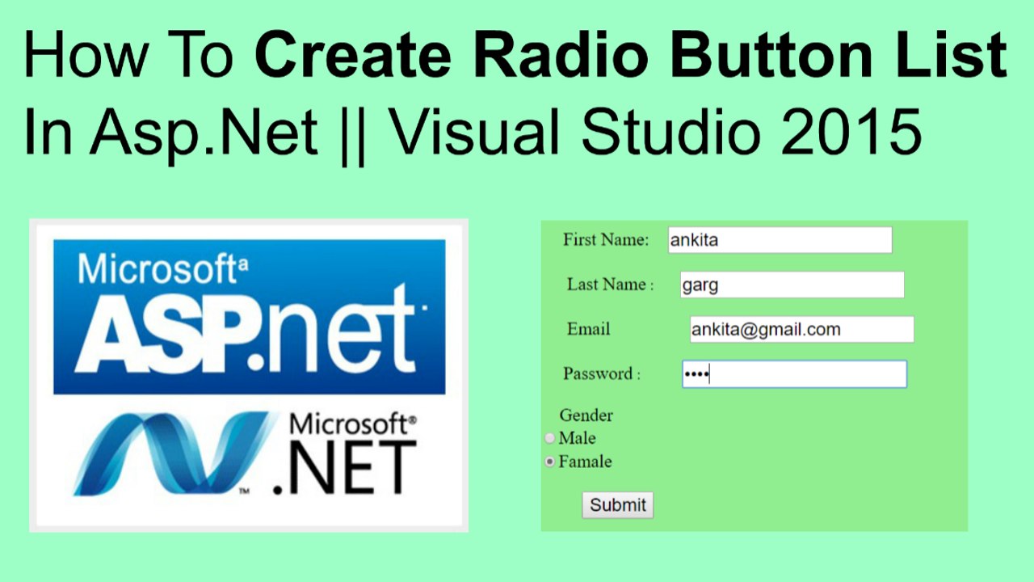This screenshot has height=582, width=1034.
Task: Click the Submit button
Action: coord(618,505)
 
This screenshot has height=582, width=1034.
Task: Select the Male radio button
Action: coord(549,438)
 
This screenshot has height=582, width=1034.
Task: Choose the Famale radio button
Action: coord(549,462)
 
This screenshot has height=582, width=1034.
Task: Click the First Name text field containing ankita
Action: coord(780,240)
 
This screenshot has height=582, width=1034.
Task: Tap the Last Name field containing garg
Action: coord(792,285)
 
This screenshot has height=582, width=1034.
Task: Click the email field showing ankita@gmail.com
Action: coord(802,329)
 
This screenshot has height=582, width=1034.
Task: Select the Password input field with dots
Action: coord(794,374)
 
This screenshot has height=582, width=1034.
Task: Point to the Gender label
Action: coord(586,415)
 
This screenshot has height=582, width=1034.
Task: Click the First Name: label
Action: coord(606,240)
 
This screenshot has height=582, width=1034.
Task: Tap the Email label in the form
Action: coord(589,329)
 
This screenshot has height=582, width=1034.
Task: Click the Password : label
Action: coord(602,373)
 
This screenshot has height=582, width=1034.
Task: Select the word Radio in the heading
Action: coord(561,54)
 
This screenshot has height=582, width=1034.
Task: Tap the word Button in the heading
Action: coord(771,54)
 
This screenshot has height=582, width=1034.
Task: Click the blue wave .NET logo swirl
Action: coord(173,453)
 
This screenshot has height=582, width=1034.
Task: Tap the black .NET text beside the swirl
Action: coord(345,467)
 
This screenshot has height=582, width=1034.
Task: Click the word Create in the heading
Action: coord(353,54)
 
